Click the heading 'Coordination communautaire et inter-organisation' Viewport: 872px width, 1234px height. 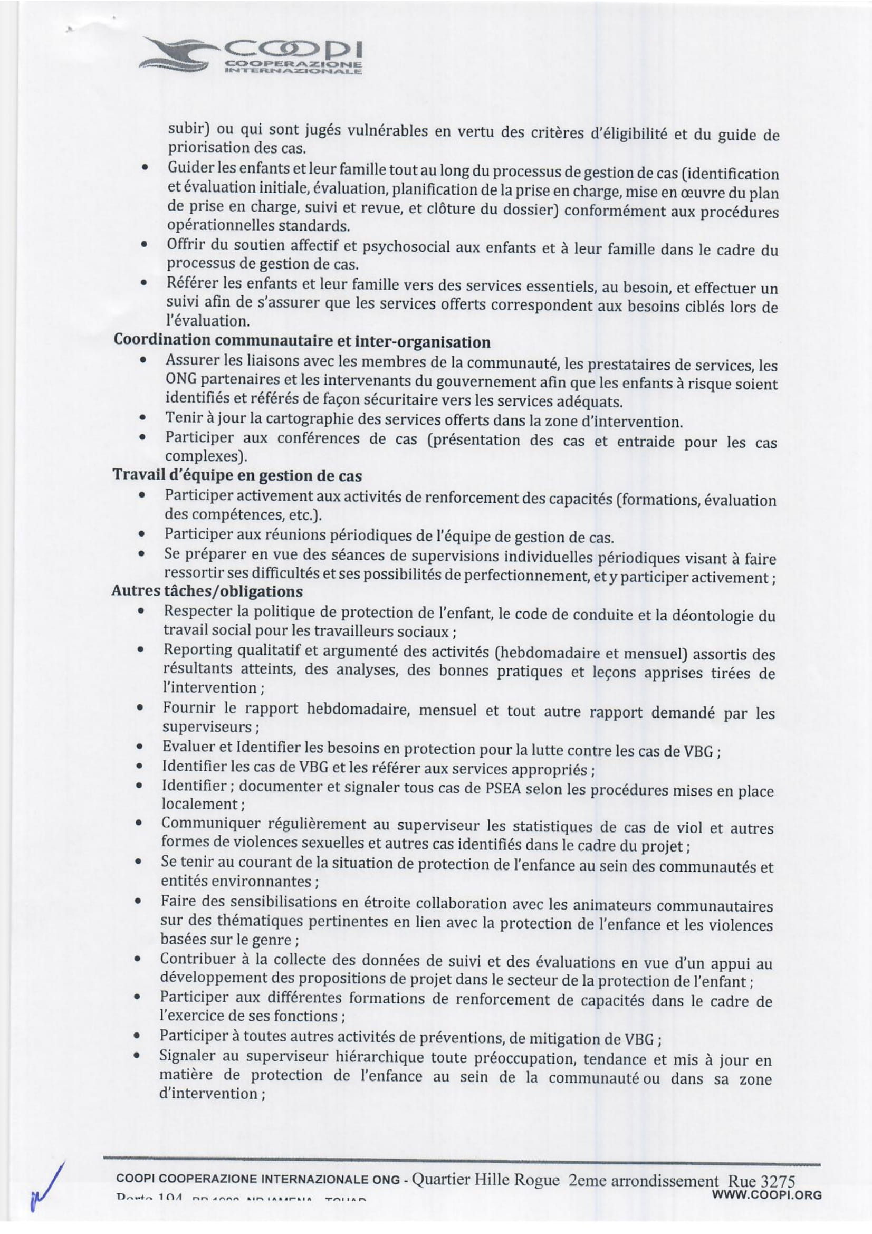point(301,341)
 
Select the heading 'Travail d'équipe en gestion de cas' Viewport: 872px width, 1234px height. point(237,475)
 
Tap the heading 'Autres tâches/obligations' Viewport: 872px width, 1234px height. point(207,591)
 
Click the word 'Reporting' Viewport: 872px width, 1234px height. point(198,651)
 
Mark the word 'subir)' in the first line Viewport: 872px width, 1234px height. point(188,128)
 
